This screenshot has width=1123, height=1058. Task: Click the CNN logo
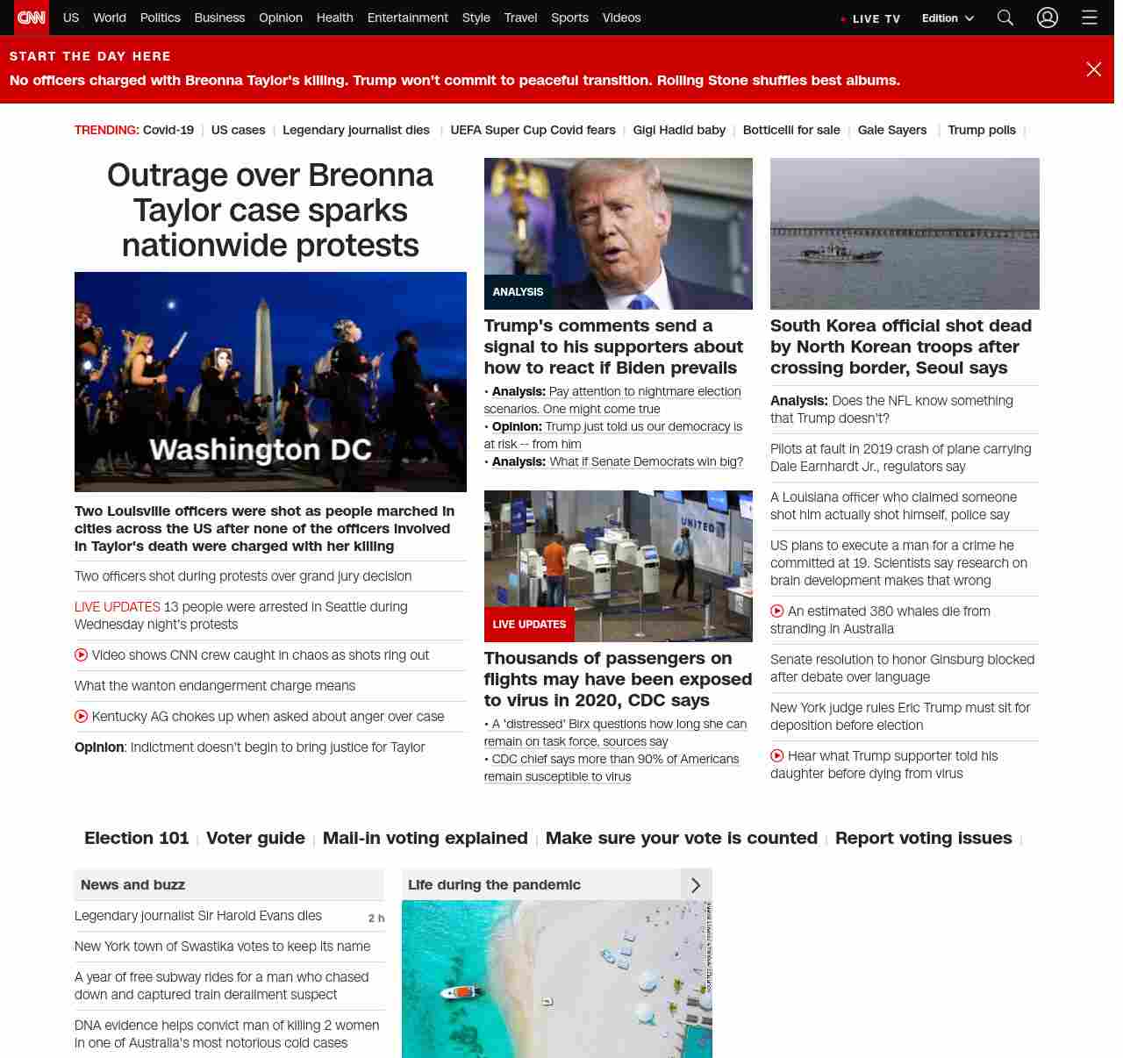coord(32,18)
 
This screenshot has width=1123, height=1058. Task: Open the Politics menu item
coord(160,18)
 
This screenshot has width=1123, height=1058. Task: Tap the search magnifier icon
coord(1005,18)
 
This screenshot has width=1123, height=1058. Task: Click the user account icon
coord(1048,18)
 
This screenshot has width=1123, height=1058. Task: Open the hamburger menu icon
coord(1090,18)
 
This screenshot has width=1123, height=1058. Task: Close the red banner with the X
coord(1093,69)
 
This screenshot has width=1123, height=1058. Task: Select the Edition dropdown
coord(948,18)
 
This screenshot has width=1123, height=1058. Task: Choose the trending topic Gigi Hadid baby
coord(679,130)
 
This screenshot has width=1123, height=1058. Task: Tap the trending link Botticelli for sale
coord(791,130)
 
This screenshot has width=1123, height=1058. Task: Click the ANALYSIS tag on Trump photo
coord(518,292)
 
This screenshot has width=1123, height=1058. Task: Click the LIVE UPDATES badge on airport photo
coord(529,625)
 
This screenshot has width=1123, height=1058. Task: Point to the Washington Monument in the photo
coord(264,351)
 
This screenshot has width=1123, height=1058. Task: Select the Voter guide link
coord(255,838)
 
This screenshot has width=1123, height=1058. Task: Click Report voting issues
coord(923,838)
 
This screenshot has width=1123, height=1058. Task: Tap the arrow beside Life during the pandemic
coord(696,885)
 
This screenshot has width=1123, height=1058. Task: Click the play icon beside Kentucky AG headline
coord(82,717)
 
